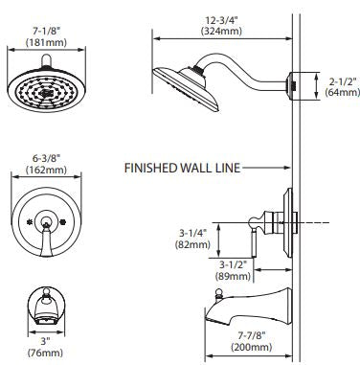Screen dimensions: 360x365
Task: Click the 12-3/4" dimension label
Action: [x=221, y=20]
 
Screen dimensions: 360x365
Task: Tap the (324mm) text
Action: [x=221, y=31]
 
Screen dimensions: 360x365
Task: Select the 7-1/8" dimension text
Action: [x=46, y=32]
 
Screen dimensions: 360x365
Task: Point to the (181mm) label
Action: [x=46, y=42]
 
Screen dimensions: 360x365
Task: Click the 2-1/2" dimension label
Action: [x=343, y=81]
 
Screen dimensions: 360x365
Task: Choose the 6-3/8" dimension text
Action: [x=46, y=158]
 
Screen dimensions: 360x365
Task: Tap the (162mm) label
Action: [x=46, y=170]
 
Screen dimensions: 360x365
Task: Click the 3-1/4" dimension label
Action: [x=192, y=234]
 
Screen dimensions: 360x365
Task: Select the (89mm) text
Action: [x=233, y=276]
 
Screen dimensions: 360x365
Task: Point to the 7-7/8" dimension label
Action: [x=252, y=335]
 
